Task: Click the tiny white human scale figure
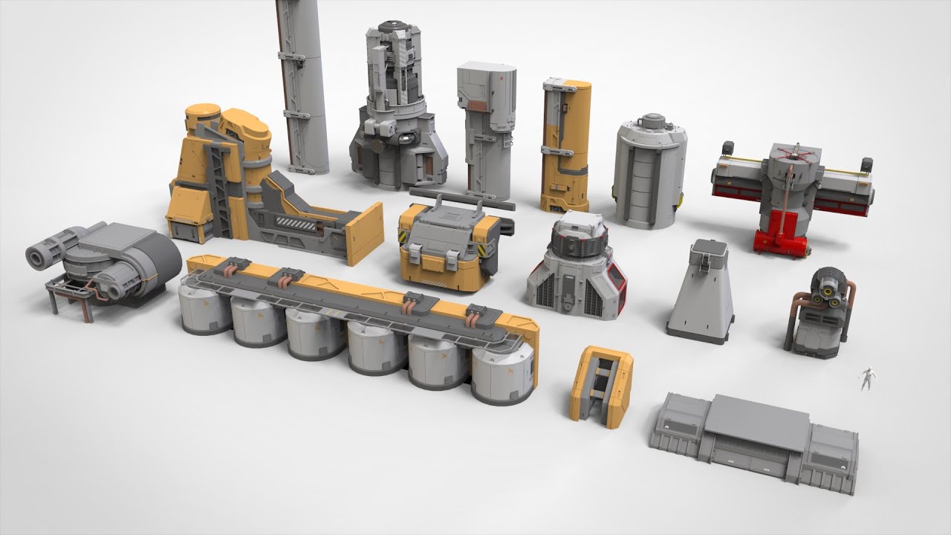(x=866, y=378)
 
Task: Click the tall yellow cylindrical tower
(x=565, y=145)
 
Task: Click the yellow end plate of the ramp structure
(x=366, y=233)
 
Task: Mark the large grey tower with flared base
(x=398, y=111)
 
